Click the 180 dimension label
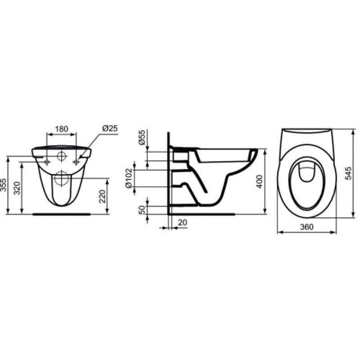[x=61, y=129]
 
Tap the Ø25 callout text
[x=110, y=128]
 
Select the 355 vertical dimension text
[x=4, y=185]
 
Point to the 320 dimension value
[x=17, y=188]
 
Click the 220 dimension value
[x=102, y=196]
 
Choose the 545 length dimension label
[x=349, y=173]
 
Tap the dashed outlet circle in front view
[x=61, y=179]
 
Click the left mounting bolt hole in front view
[x=46, y=161]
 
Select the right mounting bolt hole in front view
[x=76, y=161]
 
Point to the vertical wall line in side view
[x=169, y=175]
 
